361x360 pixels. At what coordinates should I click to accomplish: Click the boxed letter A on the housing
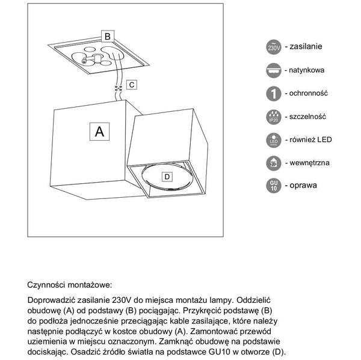click(100, 131)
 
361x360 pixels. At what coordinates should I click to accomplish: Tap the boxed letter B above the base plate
click(106, 37)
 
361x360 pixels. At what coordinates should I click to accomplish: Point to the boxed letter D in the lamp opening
click(167, 176)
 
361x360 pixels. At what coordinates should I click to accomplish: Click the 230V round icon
click(273, 47)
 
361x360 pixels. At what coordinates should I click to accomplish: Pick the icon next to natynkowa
click(273, 70)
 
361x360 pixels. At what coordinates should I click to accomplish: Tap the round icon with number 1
click(273, 94)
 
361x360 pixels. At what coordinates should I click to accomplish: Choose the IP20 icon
click(273, 117)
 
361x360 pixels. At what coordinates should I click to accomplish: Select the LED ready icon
click(273, 140)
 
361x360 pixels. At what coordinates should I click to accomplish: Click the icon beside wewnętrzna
click(273, 163)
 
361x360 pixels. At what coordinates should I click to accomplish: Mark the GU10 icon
click(273, 186)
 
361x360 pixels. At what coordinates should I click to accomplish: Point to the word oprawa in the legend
click(304, 186)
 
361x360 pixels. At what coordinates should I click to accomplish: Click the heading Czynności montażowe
click(69, 285)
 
